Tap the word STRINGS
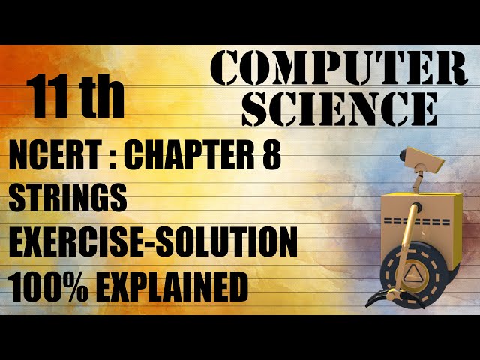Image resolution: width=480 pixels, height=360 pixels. coord(67,199)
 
